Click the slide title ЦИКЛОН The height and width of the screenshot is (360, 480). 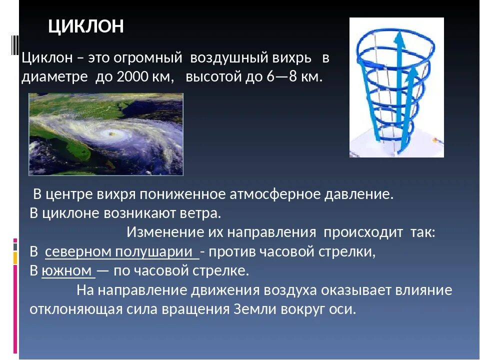(86, 26)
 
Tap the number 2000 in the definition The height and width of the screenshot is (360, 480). (132, 76)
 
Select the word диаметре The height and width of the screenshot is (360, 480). (54, 77)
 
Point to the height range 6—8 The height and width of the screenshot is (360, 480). (281, 76)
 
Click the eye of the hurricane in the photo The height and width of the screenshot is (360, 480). (111, 133)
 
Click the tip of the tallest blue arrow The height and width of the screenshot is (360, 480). (399, 32)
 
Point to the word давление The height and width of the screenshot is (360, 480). (359, 194)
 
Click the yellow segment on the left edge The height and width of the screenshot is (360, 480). (15, 258)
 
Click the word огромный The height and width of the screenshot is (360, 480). (148, 58)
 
